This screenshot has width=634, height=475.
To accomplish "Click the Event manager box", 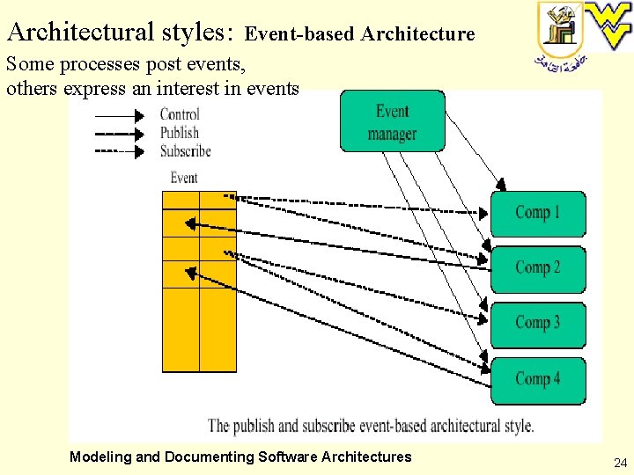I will [392, 121].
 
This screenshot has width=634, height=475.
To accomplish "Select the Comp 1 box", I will [537, 213].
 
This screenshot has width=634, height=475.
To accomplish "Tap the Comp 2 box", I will [537, 268].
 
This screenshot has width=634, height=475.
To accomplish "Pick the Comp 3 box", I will [537, 324].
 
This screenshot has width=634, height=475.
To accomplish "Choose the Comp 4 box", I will [537, 380].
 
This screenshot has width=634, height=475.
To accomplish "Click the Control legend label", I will [180, 114].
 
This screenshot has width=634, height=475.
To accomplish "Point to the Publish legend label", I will [180, 133].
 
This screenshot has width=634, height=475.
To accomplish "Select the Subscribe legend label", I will [186, 150].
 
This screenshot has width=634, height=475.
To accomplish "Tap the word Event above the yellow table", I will [184, 178].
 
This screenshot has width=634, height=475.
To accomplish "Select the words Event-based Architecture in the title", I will [359, 34].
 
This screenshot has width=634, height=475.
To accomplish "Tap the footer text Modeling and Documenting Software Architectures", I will [240, 457].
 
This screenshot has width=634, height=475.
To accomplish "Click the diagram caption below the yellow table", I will [371, 426].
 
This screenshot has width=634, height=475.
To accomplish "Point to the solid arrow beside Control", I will [119, 115].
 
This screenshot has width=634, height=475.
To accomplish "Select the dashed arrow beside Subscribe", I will [119, 151].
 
